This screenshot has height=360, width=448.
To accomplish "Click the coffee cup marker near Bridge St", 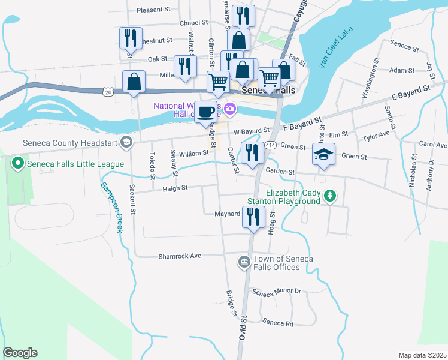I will pos(207,112).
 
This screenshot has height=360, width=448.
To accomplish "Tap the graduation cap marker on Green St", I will pos(323,155).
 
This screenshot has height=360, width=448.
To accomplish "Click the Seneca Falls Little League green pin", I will pos(18,163).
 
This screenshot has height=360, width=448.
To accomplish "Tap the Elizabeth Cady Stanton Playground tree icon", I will pos(329,196).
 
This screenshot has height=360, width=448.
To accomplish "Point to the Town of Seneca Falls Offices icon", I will pos(244,262).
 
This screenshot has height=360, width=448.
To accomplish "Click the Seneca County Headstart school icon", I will pos(126,142).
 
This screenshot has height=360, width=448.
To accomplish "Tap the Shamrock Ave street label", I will pos(180,256).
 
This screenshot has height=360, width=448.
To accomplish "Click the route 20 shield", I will pos(107,92).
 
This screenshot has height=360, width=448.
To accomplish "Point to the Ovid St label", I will pos(243,325).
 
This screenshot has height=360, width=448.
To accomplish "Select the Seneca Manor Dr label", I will pos(276,292).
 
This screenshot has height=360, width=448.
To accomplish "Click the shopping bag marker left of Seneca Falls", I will pos(134,82).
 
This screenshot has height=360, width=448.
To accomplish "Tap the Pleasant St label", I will pos(154,10).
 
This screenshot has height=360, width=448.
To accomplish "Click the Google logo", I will pos(20,353).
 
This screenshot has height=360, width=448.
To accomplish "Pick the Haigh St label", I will pos(175,188).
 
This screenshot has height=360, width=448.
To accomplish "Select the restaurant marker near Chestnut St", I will pos(130,38).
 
